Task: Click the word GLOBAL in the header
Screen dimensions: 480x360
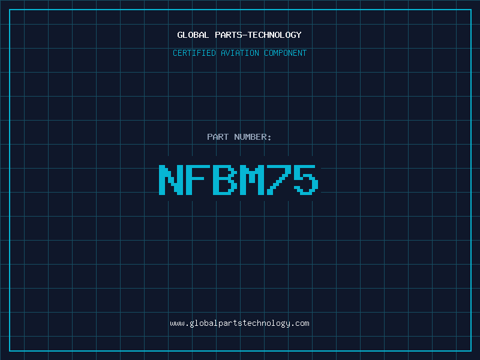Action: (x=193, y=35)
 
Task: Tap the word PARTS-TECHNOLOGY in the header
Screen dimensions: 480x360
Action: (x=258, y=35)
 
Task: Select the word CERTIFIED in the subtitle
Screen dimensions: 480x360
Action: (x=194, y=53)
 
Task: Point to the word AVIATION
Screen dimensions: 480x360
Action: (x=240, y=53)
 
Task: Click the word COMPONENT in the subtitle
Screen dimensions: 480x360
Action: (x=286, y=53)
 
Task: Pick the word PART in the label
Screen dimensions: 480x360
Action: (x=218, y=137)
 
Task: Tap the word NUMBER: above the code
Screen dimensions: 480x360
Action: (x=253, y=137)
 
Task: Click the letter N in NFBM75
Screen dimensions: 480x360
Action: (x=171, y=179)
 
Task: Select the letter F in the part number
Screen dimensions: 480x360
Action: (x=198, y=179)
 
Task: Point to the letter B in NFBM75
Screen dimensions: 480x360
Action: (x=225, y=179)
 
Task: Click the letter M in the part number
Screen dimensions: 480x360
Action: (x=251, y=179)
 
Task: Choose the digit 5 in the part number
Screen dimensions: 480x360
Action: (x=306, y=179)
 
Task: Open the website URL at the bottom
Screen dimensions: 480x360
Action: (x=239, y=323)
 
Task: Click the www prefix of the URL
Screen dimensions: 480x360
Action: (x=177, y=324)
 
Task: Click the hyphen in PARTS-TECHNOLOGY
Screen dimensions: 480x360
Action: (x=244, y=35)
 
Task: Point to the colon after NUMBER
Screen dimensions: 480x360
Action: (x=269, y=138)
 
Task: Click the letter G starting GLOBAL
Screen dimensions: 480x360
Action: (x=180, y=35)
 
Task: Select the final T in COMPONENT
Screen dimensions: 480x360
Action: (x=304, y=53)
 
